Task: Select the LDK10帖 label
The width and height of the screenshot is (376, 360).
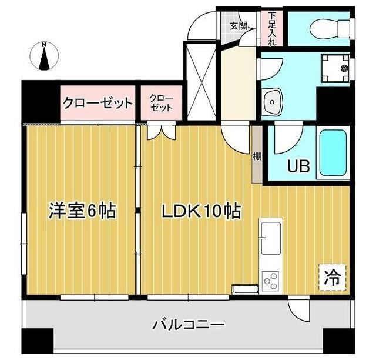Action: [x=202, y=211]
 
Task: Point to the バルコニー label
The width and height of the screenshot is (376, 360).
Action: [x=188, y=324]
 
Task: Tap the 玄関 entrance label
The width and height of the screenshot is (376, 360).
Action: [x=238, y=26]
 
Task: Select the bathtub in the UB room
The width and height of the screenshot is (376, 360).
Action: [x=333, y=152]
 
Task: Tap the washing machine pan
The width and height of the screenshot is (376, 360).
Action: [x=336, y=68]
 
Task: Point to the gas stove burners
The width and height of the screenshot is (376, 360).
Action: [x=271, y=281]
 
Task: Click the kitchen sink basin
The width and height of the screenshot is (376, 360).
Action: [x=270, y=232]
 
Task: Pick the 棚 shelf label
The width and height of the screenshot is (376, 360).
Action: [x=257, y=157]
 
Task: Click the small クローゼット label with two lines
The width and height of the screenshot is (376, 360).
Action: [x=161, y=104]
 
